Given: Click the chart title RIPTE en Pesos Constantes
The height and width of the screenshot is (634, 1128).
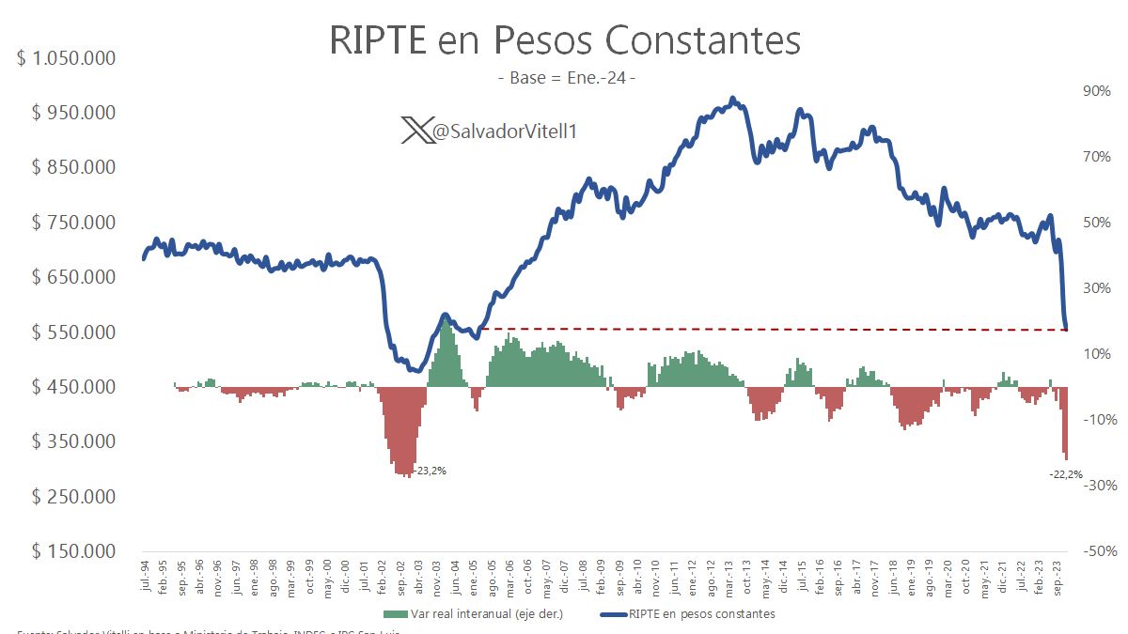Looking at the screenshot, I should point(564,40).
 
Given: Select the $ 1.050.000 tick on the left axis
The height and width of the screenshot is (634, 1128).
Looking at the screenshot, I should point(67,58).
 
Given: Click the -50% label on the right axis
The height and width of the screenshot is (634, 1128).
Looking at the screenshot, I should point(1096,551).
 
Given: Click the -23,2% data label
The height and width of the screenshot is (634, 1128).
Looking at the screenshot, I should point(430,471).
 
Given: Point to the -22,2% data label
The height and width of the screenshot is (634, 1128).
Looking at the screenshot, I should point(1065,474).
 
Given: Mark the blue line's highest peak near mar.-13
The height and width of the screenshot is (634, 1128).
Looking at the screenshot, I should point(733,99).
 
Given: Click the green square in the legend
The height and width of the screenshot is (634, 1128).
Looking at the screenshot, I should point(394,614).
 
